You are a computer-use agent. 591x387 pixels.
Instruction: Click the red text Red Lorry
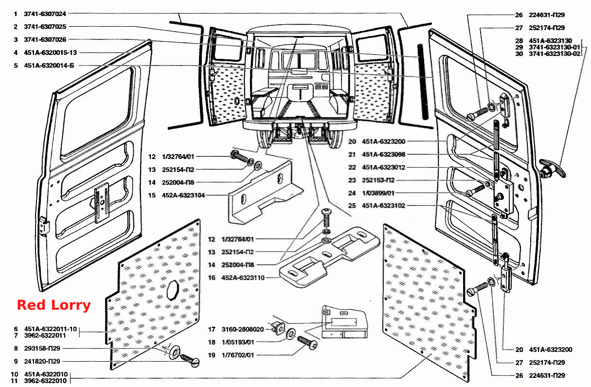click(x=54, y=305)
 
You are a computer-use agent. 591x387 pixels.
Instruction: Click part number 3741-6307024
click(x=45, y=14)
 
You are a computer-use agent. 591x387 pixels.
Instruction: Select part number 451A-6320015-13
click(x=51, y=53)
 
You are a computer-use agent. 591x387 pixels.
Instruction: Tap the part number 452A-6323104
click(x=183, y=195)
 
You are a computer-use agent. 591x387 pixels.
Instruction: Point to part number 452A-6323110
click(x=243, y=278)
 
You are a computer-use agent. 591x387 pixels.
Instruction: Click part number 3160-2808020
click(x=243, y=329)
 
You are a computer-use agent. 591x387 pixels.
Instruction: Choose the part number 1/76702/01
click(x=238, y=355)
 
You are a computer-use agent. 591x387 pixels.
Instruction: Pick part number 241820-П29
click(x=42, y=361)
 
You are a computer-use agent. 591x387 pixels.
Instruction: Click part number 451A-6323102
click(x=383, y=206)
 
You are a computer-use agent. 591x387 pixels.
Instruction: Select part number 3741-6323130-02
click(x=555, y=54)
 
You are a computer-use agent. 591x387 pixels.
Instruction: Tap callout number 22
click(x=352, y=167)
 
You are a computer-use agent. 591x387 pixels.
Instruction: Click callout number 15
click(x=152, y=195)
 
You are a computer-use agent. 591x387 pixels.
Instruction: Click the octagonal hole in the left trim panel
click(x=173, y=290)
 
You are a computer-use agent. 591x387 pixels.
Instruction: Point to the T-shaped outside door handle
click(x=552, y=169)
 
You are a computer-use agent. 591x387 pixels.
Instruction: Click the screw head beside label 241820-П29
click(x=195, y=363)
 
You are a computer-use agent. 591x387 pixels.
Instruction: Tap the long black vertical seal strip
click(x=422, y=82)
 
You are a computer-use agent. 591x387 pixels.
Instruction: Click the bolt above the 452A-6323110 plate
click(x=327, y=217)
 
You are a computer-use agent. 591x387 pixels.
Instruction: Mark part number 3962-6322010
click(x=45, y=381)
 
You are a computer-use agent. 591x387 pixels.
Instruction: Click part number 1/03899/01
click(x=378, y=193)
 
